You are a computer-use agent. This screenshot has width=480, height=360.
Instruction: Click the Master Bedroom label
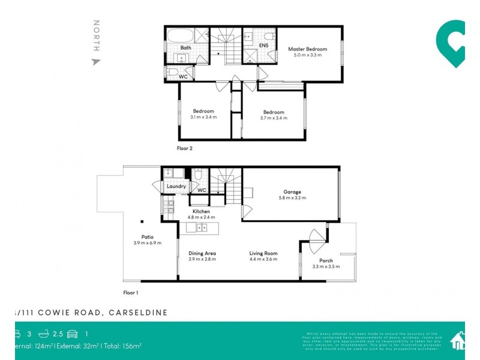(307, 49)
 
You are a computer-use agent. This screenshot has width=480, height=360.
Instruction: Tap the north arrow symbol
(95, 61)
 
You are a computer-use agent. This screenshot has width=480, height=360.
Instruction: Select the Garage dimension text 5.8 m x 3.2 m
(292, 198)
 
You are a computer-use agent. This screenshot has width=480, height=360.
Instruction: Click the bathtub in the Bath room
(185, 35)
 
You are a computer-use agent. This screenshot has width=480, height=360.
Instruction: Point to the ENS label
(263, 45)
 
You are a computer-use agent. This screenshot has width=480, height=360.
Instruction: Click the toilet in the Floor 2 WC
(172, 73)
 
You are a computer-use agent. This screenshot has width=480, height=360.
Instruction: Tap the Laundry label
(176, 187)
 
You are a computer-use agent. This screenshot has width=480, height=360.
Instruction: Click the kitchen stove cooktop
(163, 208)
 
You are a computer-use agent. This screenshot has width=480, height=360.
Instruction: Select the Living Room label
(264, 253)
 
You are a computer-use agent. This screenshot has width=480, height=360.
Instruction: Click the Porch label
(326, 260)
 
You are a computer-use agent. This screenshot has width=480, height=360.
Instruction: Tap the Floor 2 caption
(184, 148)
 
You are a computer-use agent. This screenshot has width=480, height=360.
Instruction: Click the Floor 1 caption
(130, 293)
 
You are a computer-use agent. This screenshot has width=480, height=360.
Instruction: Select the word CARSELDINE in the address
(139, 313)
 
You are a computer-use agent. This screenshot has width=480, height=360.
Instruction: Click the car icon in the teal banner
(72, 334)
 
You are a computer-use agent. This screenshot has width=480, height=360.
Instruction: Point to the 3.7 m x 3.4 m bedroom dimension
(273, 118)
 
